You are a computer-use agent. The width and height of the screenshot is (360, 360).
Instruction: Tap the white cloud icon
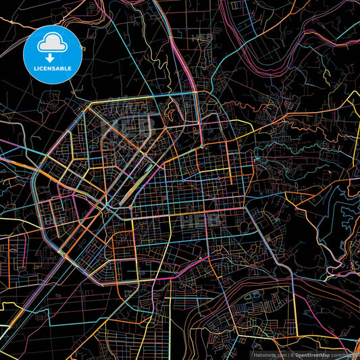(53, 43)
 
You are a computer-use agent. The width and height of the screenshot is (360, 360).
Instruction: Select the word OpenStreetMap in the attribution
(311, 354)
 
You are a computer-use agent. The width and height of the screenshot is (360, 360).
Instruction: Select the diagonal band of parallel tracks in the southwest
(61, 270)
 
